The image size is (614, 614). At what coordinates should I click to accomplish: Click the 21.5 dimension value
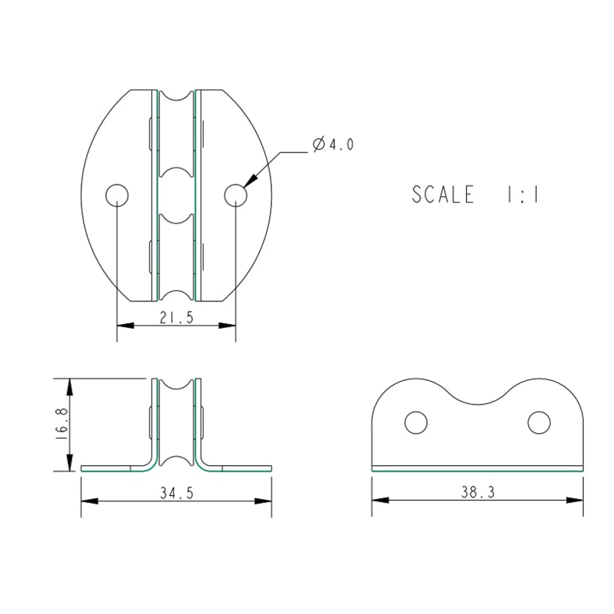pyautogui.click(x=177, y=318)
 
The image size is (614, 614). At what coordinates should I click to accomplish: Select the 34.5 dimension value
pyautogui.click(x=177, y=493)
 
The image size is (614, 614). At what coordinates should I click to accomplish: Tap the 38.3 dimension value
pyautogui.click(x=478, y=492)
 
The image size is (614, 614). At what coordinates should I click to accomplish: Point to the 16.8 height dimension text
pyautogui.click(x=61, y=425)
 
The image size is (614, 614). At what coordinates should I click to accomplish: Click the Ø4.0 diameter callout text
pyautogui.click(x=333, y=145)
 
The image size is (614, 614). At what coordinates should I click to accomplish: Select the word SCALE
pyautogui.click(x=443, y=194)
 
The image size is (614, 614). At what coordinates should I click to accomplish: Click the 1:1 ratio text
pyautogui.click(x=522, y=194)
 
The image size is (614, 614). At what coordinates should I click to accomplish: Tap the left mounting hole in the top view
pyautogui.click(x=117, y=195)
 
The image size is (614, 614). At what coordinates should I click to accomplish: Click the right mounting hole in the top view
pyautogui.click(x=236, y=195)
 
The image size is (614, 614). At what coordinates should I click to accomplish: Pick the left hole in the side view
pyautogui.click(x=416, y=423)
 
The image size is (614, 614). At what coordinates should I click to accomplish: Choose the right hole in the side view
pyautogui.click(x=539, y=423)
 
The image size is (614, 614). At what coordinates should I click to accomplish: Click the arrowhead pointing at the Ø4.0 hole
pyautogui.click(x=250, y=181)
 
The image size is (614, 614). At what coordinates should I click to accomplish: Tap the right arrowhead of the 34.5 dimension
pyautogui.click(x=263, y=501)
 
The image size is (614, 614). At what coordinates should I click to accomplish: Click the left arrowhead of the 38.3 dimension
pyautogui.click(x=380, y=500)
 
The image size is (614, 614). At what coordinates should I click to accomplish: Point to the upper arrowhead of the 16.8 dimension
pyautogui.click(x=70, y=387)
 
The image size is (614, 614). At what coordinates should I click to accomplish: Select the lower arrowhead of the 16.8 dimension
pyautogui.click(x=70, y=462)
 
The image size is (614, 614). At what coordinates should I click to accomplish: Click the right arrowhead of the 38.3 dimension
pyautogui.click(x=575, y=500)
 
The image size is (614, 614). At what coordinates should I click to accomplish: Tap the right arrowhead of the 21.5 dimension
pyautogui.click(x=227, y=326)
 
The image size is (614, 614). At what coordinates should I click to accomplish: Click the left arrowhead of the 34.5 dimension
pyautogui.click(x=90, y=501)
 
